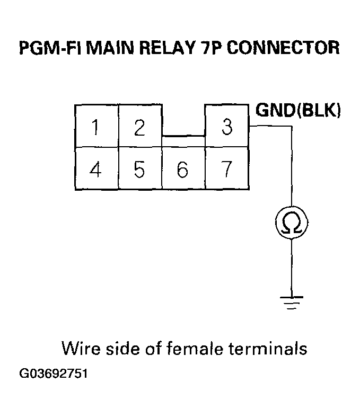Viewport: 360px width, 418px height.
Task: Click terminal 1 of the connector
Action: point(96,127)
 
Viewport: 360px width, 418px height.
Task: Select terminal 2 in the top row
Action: point(139,127)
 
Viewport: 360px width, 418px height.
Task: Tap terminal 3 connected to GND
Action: point(226,127)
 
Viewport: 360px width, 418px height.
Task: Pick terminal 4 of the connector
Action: point(96,170)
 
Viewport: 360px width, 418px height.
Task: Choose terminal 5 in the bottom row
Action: point(139,170)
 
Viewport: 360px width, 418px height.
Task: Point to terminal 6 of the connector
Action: point(183,170)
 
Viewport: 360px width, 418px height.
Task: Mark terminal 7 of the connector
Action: point(226,170)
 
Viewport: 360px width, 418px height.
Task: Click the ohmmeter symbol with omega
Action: point(291,224)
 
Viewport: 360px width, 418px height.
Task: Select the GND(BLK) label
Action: point(298,110)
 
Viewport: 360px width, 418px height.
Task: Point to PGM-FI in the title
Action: point(45,48)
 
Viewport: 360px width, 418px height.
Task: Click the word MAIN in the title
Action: point(104,48)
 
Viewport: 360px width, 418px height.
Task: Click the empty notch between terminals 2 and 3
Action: point(183,120)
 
